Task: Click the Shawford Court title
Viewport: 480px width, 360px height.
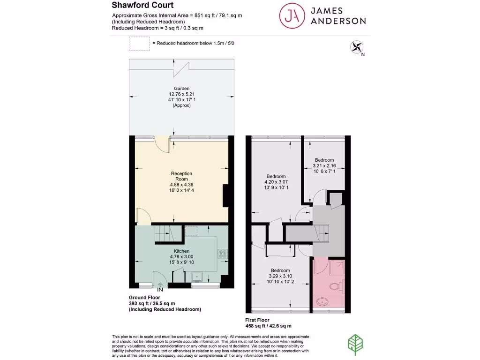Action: point(142,6)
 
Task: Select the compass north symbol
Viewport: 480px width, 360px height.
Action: point(357,47)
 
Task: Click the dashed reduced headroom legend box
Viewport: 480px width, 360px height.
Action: point(138,44)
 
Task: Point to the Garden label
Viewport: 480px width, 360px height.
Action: point(181,88)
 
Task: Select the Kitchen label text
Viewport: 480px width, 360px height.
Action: point(181,251)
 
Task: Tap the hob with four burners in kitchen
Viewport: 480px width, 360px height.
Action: point(223,255)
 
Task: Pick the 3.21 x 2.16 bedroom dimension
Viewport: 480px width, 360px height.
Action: point(324,165)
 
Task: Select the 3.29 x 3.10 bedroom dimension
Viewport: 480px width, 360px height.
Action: point(279,277)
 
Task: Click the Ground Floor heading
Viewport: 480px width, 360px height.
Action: point(144,297)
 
